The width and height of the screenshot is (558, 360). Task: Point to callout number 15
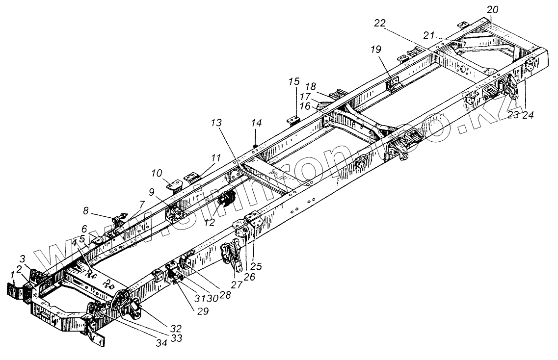pos(293,80)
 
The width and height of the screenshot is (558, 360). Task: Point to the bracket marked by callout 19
pos(393,85)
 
